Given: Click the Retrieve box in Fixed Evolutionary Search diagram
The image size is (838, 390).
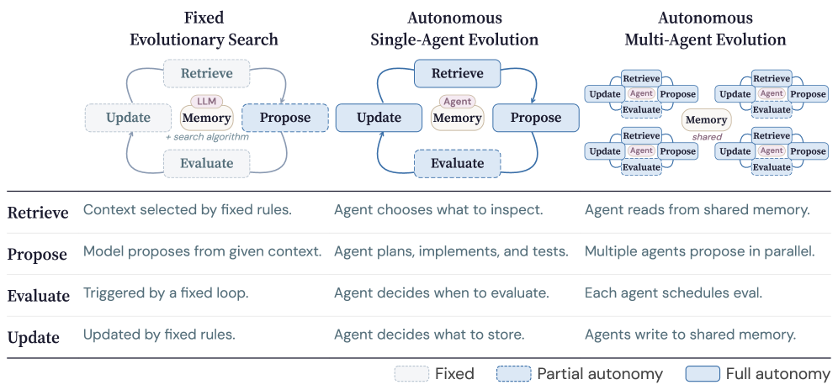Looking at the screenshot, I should [207, 74].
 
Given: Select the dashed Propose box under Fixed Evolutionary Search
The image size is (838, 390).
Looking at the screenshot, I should [285, 118].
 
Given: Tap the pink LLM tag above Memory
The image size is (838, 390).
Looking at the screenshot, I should [206, 101].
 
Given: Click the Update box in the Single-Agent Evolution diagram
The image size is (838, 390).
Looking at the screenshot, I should [378, 118].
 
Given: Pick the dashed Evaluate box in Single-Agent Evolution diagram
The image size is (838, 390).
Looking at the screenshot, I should [457, 163].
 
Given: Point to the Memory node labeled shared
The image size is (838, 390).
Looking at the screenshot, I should [706, 121].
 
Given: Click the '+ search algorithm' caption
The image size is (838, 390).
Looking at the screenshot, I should [206, 136].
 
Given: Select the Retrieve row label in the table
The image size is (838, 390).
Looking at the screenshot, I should [38, 213].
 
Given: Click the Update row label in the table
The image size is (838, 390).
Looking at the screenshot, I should [34, 338].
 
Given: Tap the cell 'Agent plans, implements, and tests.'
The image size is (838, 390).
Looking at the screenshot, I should [451, 250].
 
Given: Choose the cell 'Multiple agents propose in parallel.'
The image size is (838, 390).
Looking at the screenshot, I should [700, 250].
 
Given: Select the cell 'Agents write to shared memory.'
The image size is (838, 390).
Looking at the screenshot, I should [690, 335].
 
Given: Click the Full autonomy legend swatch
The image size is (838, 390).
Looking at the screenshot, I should [703, 374].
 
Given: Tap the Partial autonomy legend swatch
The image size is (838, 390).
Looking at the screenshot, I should [513, 374].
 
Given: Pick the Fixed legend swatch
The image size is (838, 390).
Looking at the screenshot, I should [411, 374].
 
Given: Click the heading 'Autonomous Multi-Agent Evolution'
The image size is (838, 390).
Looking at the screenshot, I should [705, 28].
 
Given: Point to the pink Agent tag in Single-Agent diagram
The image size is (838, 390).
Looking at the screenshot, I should [457, 102].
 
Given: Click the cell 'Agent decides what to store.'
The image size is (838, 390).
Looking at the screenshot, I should [429, 335].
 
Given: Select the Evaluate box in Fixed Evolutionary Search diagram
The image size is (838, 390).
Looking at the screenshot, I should [207, 163].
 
